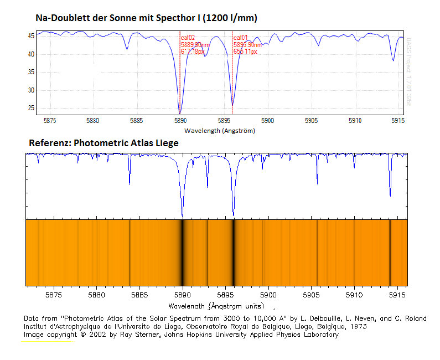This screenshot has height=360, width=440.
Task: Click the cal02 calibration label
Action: tap(188, 38)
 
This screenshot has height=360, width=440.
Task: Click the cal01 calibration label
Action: tap(240, 38)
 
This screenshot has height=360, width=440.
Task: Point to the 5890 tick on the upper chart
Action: tap(180, 120)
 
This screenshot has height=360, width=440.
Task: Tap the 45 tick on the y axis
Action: tap(32, 36)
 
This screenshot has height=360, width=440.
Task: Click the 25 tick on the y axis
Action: tap(32, 109)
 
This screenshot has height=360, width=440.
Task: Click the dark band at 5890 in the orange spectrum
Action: tap(182, 252)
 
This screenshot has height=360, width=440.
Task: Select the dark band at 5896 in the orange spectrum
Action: tap(234, 252)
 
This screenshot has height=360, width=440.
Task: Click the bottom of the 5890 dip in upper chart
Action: tap(180, 112)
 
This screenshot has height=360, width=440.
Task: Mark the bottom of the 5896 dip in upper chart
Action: tap(232, 105)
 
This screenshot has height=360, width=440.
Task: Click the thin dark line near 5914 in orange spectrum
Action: tap(390, 252)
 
